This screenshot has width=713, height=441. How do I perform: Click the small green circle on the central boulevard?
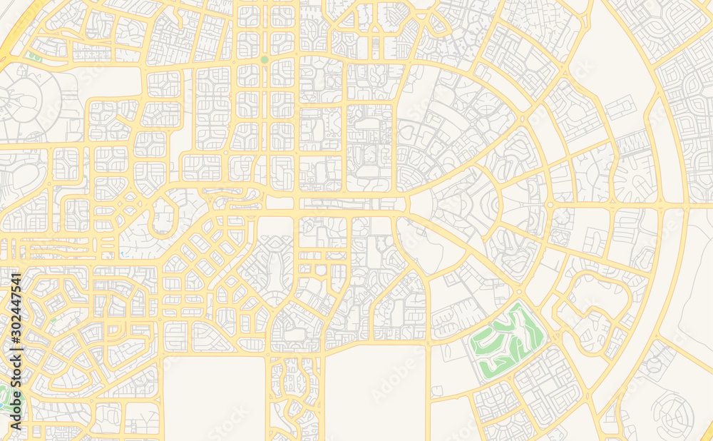point(265,60)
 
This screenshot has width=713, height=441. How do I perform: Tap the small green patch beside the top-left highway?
point(33,56)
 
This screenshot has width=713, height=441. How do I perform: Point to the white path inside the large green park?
point(499,343)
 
